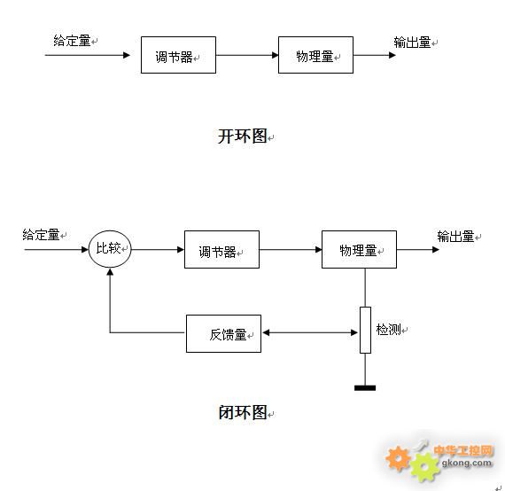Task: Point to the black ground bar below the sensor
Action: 365,388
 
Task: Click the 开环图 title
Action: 243,136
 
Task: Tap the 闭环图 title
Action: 243,412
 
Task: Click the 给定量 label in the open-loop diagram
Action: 72,41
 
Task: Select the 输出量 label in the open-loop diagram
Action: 412,43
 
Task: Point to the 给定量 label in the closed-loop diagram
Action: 41,235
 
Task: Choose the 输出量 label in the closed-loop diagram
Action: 455,237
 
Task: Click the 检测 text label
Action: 388,330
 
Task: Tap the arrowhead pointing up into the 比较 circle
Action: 110,272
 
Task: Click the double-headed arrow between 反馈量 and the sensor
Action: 310,332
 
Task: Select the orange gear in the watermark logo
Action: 398,458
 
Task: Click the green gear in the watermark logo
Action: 425,466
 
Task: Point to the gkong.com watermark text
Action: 467,463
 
